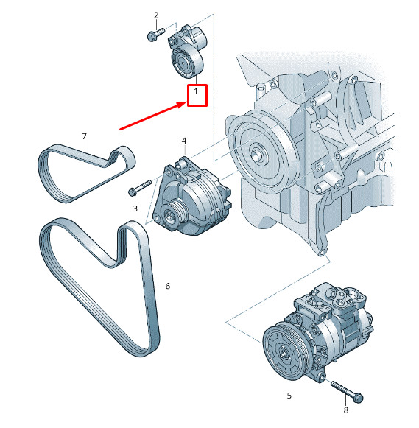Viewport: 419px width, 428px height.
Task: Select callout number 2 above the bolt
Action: (156, 15)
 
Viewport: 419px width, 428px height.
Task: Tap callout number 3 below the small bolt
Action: (135, 209)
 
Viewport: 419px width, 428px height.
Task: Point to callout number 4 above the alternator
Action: (183, 140)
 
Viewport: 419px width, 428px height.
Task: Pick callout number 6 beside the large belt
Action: (168, 286)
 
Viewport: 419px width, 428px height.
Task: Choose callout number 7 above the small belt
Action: (84, 136)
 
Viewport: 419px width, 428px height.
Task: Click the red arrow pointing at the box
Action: (151, 117)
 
